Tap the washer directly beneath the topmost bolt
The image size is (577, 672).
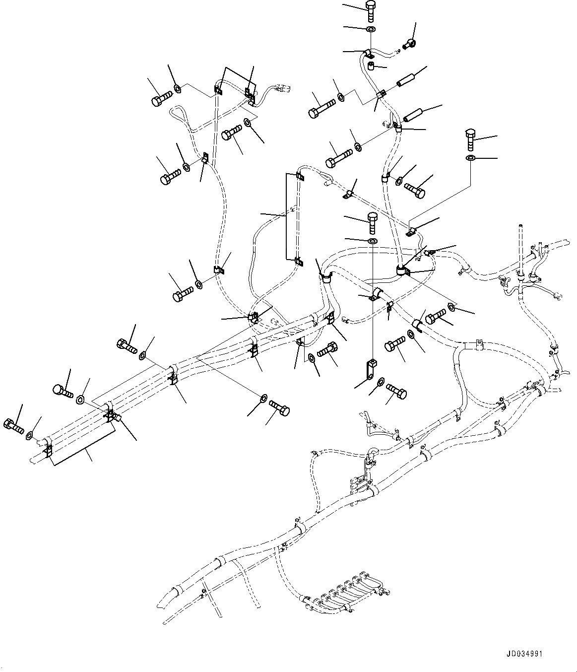pos(370,30)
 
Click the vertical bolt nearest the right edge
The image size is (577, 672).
pos(470,138)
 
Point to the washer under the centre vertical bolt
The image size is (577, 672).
pos(372,241)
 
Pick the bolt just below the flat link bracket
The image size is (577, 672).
pos(397,391)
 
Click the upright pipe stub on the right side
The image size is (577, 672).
pos(520,253)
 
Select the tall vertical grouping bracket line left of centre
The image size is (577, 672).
pos(286,216)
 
